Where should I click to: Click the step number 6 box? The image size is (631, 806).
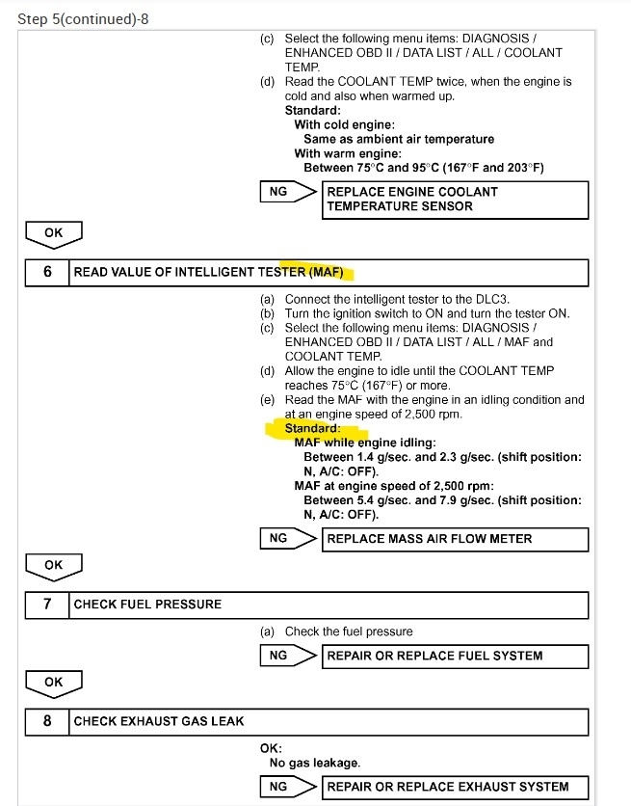(47, 272)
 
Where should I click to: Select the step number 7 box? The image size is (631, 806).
(47, 604)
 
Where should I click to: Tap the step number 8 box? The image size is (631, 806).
(47, 721)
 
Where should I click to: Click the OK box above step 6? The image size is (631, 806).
(53, 232)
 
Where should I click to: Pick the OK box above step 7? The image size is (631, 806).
(53, 565)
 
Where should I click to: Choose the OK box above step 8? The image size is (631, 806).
(53, 682)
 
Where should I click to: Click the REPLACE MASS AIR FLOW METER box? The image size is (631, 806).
(455, 538)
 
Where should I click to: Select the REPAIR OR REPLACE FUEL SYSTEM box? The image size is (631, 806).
(455, 656)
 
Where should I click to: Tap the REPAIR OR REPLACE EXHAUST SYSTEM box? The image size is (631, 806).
(455, 787)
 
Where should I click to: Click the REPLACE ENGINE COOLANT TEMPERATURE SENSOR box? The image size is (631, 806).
(455, 199)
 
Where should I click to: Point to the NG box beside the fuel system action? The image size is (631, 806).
(278, 656)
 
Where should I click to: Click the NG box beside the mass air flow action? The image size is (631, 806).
(278, 538)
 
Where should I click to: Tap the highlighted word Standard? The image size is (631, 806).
(312, 428)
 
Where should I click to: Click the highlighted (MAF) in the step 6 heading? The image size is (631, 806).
(326, 272)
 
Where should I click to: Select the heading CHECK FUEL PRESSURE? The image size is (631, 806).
(147, 604)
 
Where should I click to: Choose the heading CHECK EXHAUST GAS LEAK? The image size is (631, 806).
(159, 721)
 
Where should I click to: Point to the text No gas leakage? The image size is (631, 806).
(315, 763)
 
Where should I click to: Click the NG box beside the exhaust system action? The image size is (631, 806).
(278, 787)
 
